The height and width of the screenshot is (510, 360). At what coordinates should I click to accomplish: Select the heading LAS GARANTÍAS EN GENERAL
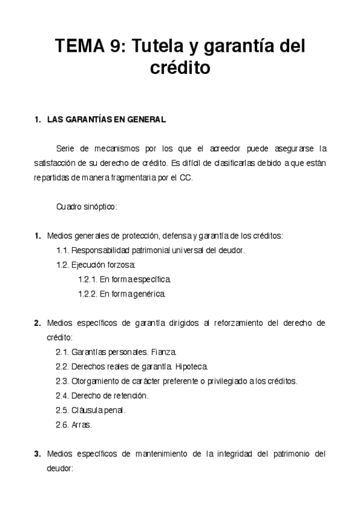[x=106, y=120]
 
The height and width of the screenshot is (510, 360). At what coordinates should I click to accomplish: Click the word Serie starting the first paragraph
[x=66, y=148]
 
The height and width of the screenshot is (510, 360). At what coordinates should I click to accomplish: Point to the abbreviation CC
[x=186, y=177]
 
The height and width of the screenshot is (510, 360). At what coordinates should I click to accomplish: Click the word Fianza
[x=163, y=352]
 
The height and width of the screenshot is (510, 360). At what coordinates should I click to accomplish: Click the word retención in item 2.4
[x=130, y=396]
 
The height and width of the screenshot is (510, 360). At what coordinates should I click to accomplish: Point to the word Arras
[x=82, y=425]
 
